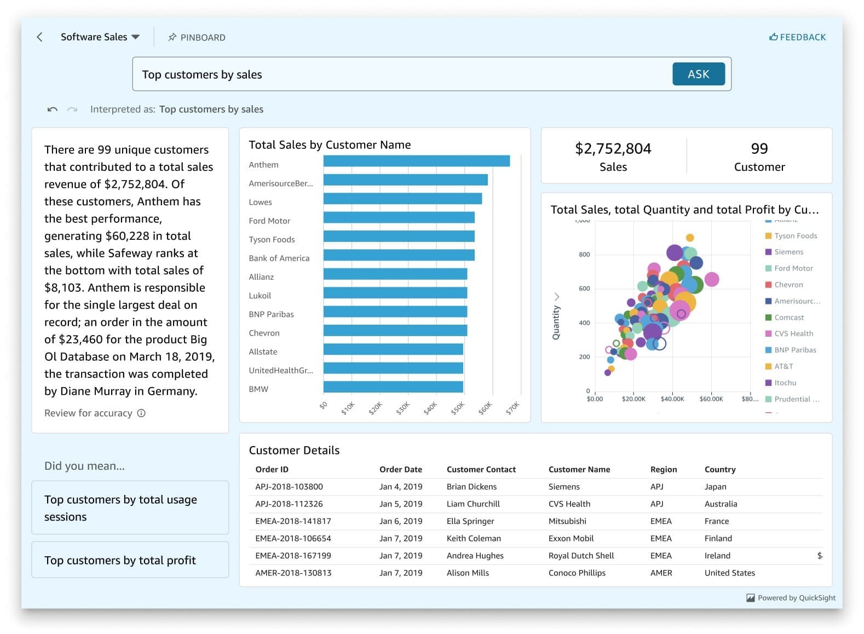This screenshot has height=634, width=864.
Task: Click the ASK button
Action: click(x=698, y=74)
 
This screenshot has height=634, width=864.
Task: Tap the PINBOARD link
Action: click(x=197, y=37)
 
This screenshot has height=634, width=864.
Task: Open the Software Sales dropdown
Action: click(x=100, y=37)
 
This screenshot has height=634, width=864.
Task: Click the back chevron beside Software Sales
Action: click(x=39, y=37)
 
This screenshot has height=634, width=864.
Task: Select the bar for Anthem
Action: click(x=416, y=161)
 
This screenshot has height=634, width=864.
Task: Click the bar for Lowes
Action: click(x=402, y=198)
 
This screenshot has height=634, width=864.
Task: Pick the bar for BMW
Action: click(x=393, y=387)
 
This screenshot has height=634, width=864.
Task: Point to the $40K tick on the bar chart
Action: click(x=430, y=407)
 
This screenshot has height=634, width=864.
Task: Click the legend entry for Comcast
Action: click(x=788, y=318)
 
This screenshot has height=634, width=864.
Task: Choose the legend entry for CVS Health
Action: click(x=793, y=333)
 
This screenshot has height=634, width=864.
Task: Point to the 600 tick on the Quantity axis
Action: click(x=584, y=289)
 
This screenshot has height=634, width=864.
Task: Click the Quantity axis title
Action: click(x=556, y=322)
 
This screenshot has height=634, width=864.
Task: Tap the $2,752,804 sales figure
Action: click(x=613, y=148)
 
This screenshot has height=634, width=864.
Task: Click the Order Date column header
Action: click(x=400, y=469)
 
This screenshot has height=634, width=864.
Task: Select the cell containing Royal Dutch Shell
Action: click(x=581, y=555)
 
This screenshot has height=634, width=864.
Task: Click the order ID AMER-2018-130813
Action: click(x=293, y=573)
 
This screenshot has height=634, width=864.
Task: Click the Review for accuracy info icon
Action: click(x=141, y=413)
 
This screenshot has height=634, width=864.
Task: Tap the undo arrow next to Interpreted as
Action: click(x=53, y=109)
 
